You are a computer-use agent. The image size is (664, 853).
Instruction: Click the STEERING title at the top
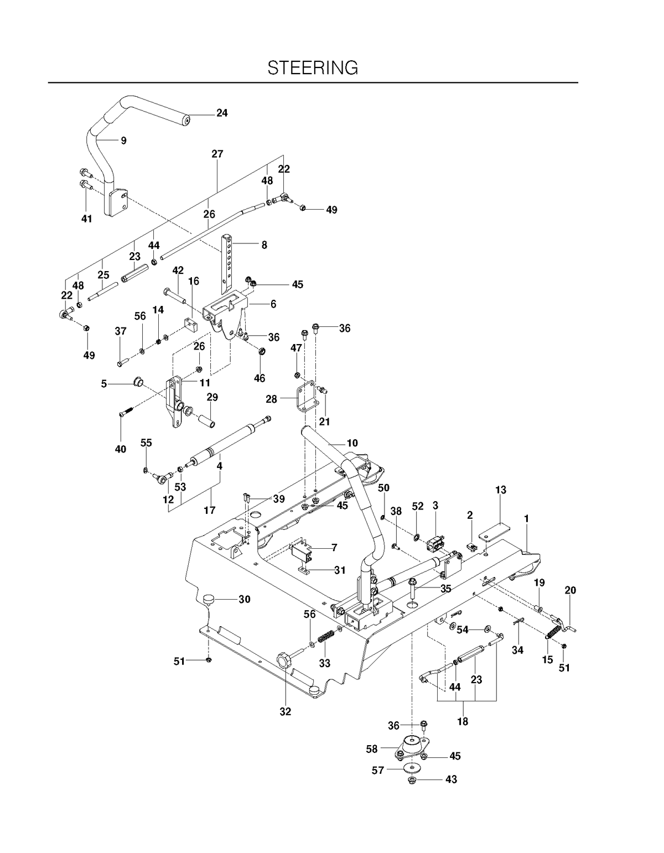coord(313,68)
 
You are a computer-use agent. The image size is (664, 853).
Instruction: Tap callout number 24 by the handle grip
coord(222,113)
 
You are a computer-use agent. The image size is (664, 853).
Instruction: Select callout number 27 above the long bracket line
coord(217,154)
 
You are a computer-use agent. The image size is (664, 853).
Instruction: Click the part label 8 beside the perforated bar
coord(264,245)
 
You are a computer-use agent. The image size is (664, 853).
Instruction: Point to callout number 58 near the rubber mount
coord(371,749)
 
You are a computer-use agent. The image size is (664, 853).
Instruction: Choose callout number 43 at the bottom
coord(451,779)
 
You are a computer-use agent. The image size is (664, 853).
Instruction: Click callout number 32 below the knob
coord(286,711)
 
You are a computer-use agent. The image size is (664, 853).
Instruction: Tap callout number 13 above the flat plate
coord(501,490)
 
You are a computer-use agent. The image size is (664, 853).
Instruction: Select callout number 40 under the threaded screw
coord(121,449)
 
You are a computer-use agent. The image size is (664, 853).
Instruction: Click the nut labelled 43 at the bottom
coord(412,779)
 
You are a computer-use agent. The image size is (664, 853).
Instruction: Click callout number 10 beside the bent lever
coord(352,443)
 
